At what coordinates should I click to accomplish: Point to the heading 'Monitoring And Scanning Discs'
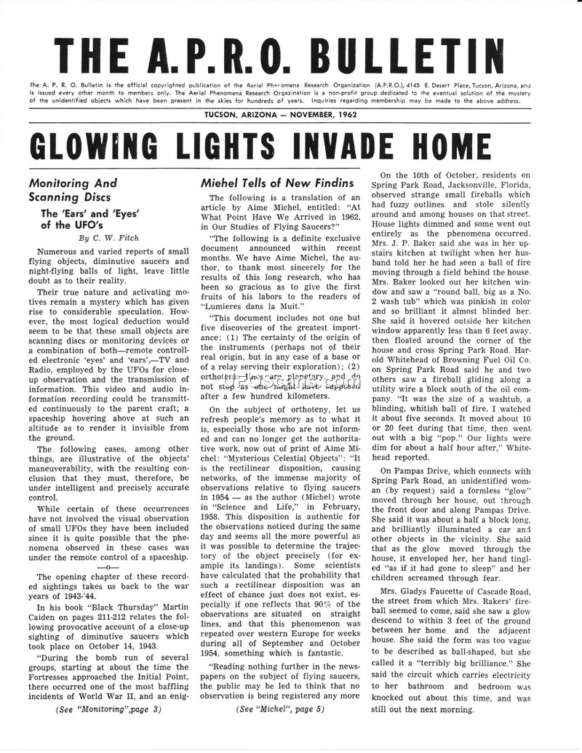72,190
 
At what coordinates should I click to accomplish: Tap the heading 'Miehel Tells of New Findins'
277,183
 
